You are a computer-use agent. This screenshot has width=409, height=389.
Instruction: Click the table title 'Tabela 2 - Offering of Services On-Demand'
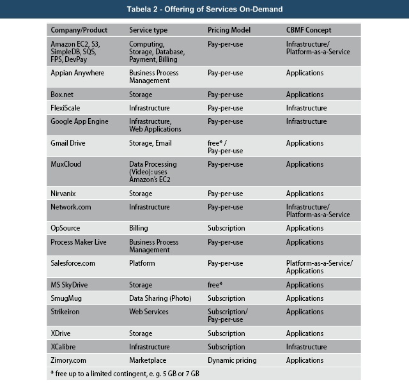[x=204, y=9]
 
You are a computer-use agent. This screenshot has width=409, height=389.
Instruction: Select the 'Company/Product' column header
[x=79, y=30]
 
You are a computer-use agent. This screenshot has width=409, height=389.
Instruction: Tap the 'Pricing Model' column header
[x=229, y=30]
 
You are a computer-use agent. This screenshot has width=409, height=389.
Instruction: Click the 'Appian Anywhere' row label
[x=77, y=73]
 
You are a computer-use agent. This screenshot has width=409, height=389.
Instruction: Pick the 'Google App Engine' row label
[x=79, y=121]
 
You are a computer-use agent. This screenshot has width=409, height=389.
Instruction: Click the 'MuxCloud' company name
[x=66, y=164]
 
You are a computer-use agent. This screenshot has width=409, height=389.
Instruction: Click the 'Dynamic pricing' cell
[x=232, y=360]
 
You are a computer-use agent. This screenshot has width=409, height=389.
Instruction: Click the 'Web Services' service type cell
[x=149, y=312]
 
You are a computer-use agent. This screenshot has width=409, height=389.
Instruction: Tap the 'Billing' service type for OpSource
[x=138, y=228]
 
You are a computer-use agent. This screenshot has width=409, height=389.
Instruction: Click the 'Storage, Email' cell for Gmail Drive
[x=150, y=143]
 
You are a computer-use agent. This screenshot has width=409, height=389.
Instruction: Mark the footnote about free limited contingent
[x=125, y=373]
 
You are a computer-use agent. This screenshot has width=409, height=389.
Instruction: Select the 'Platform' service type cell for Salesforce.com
[x=142, y=263]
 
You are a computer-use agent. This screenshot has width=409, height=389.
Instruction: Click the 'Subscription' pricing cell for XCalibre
[x=226, y=347]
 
